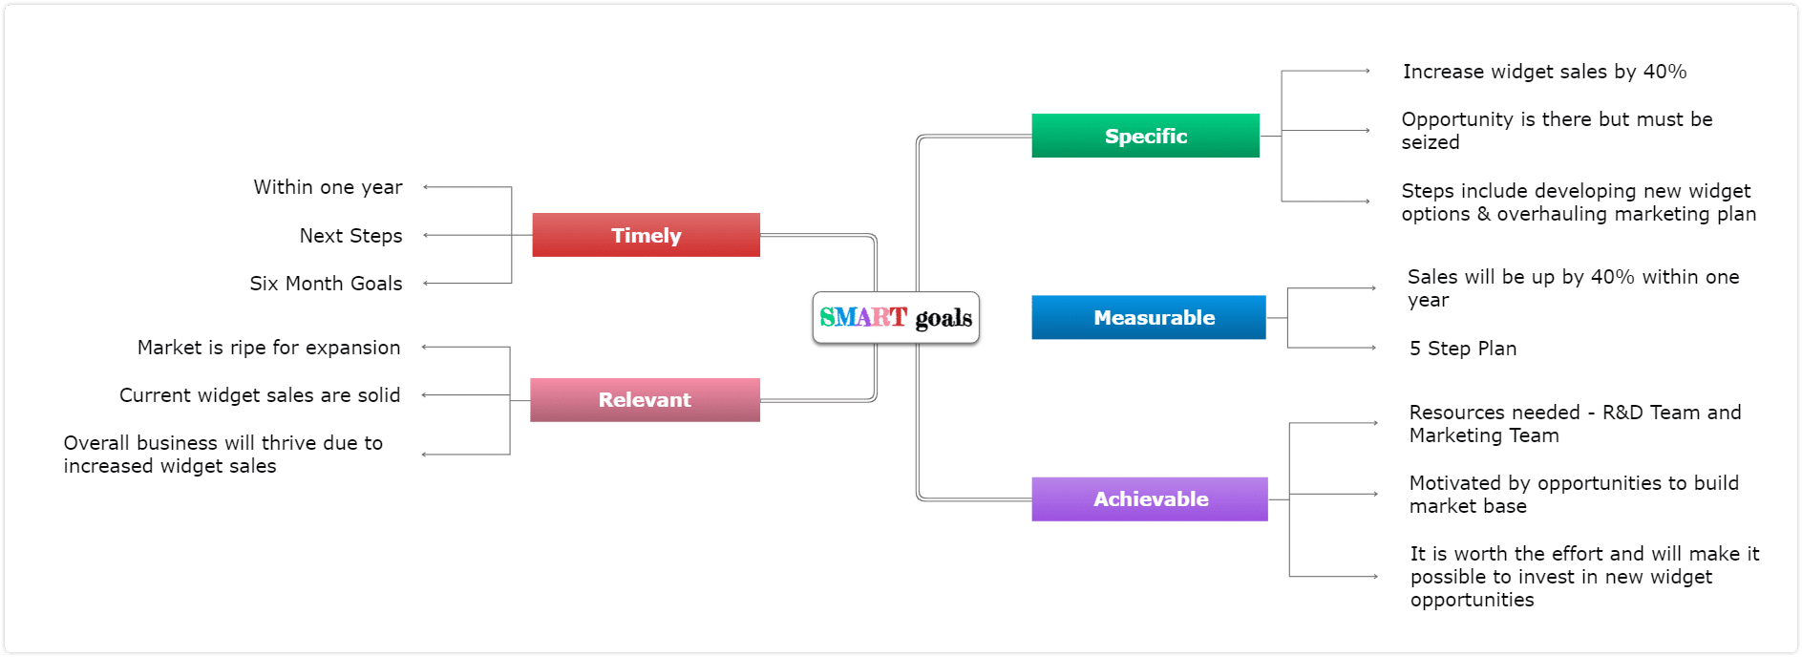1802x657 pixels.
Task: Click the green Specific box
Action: point(1145,136)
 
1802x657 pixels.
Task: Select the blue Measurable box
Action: point(1149,317)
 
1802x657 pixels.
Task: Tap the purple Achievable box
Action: point(1150,498)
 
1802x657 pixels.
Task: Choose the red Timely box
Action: point(646,235)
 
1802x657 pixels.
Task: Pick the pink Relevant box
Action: point(645,399)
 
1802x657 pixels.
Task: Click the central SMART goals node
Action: point(896,317)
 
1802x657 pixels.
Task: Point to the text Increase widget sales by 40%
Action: point(1544,72)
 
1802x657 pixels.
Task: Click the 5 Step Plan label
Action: point(1463,349)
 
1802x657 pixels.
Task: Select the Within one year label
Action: point(328,187)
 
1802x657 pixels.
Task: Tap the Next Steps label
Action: point(350,236)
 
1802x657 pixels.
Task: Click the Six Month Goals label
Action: point(326,284)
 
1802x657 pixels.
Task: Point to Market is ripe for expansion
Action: point(268,348)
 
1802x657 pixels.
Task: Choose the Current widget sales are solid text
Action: point(260,395)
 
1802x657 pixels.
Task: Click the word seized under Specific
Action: point(1431,142)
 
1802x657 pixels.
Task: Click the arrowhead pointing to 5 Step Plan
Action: point(1373,348)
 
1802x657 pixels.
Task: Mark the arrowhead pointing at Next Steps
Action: point(426,235)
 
